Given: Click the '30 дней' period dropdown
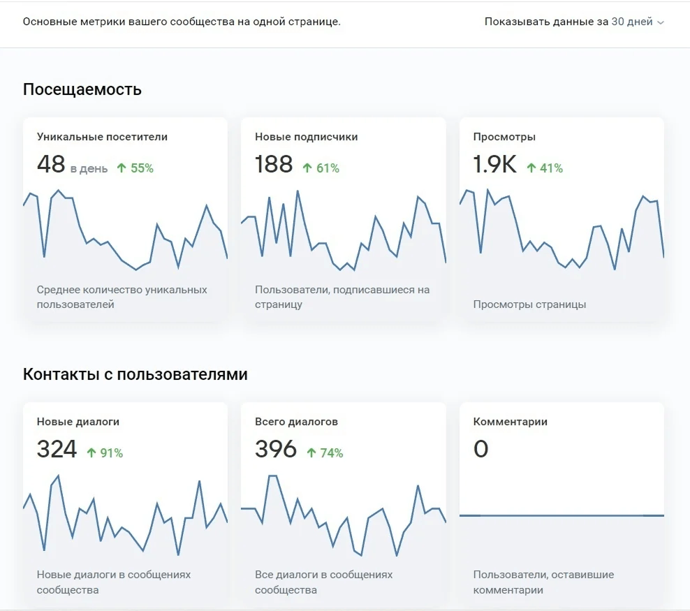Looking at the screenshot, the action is [x=637, y=22].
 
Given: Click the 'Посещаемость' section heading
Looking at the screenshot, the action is [x=82, y=89].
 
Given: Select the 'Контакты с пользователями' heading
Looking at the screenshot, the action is [x=135, y=374].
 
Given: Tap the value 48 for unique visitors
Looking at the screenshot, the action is [x=51, y=164].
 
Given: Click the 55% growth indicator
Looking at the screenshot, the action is [x=135, y=168].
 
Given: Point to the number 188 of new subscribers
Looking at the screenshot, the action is [x=274, y=164].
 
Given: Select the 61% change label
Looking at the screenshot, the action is [x=321, y=168].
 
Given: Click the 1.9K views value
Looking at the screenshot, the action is [x=494, y=164].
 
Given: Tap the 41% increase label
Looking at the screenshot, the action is [x=545, y=168].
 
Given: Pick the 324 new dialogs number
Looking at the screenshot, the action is [x=57, y=449].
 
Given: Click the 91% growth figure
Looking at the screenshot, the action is [x=105, y=453].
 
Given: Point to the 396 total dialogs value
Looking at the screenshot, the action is [x=276, y=449].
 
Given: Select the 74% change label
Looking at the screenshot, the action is [x=325, y=453].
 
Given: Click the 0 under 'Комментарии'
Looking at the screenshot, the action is [x=481, y=449].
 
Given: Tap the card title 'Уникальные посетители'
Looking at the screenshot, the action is [x=102, y=137].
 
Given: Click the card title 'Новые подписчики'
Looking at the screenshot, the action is [x=307, y=137].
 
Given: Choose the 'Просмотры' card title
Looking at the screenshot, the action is [x=504, y=137].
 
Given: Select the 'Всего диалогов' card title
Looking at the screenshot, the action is [x=297, y=422].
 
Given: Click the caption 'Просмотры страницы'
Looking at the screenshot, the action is [x=530, y=304].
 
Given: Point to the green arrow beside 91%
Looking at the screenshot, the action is [x=91, y=453].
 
